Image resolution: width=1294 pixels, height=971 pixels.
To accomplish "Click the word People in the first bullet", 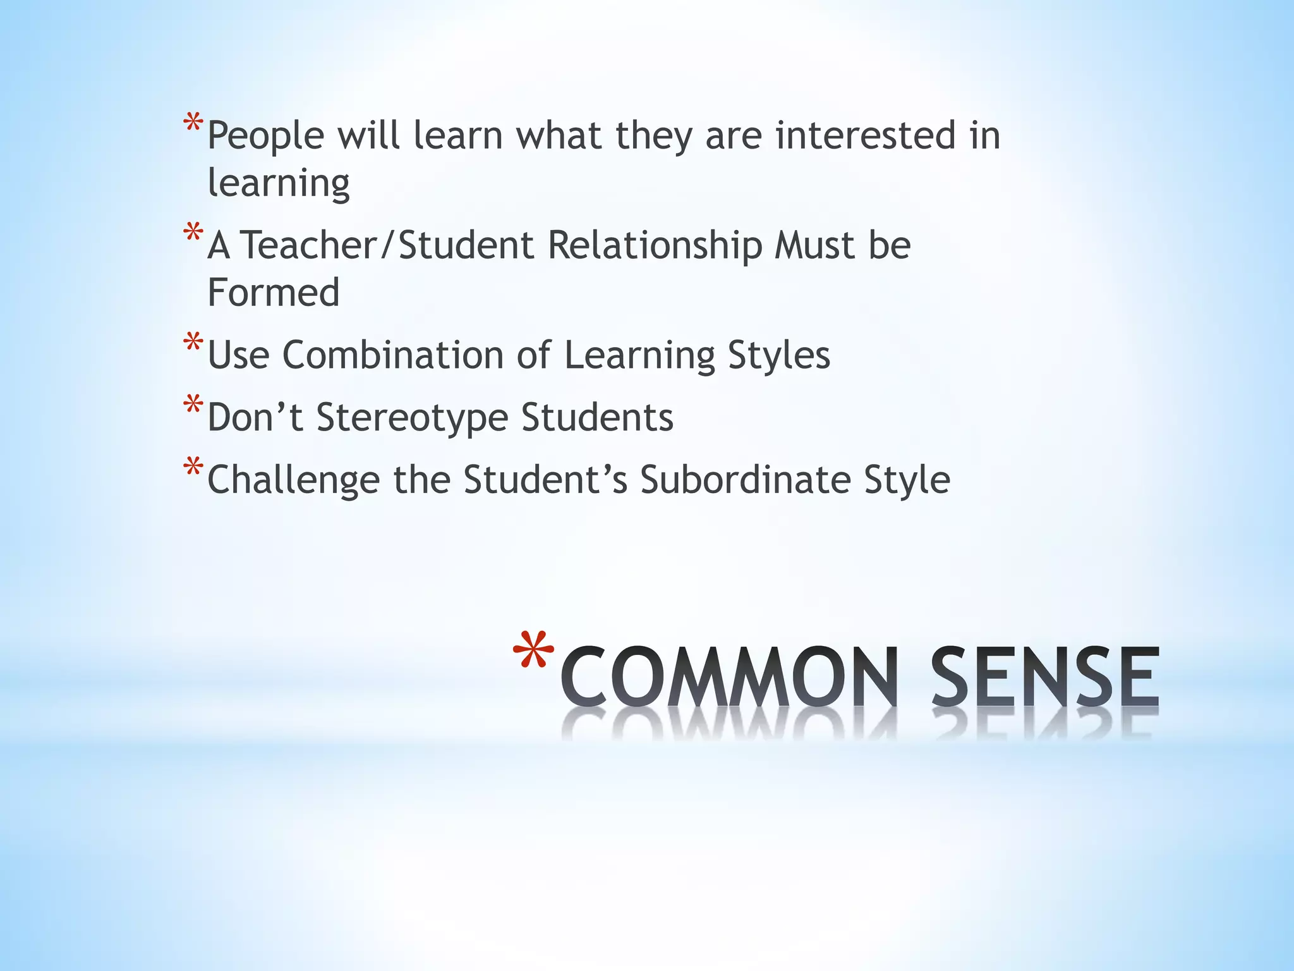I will click(x=265, y=137).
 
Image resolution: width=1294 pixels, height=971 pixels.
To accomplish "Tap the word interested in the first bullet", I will click(x=865, y=135).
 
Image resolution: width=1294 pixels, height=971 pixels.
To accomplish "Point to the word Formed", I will click(x=274, y=293).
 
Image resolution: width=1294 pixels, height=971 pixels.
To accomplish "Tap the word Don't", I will click(x=255, y=417).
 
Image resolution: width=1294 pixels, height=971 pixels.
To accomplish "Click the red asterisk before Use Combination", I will click(x=193, y=343).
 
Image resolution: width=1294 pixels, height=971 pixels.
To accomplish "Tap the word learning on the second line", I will click(x=279, y=184).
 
